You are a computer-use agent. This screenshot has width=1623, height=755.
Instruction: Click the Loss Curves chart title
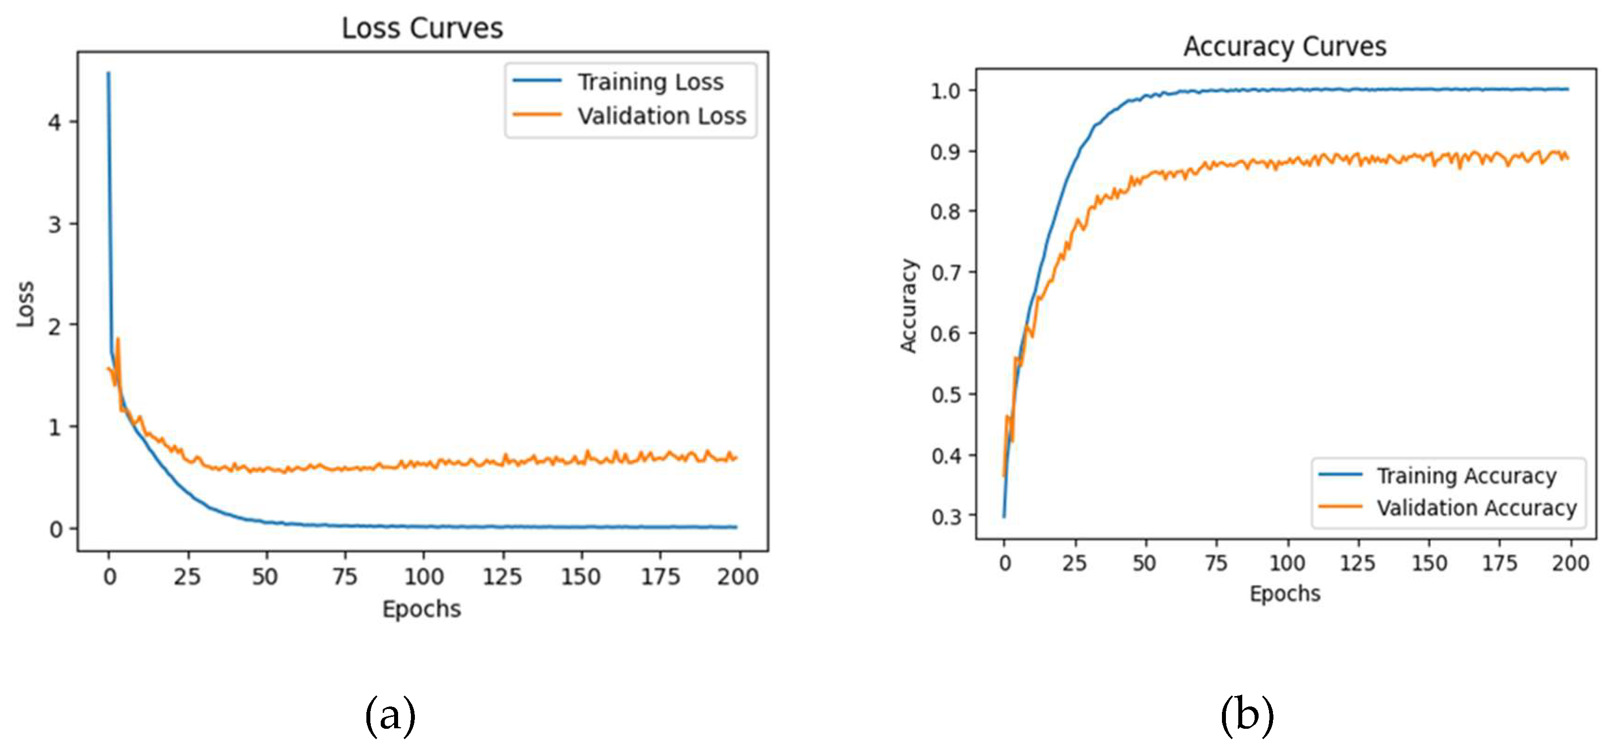click(422, 28)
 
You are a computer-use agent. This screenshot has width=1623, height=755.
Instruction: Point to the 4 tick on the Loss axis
click(55, 122)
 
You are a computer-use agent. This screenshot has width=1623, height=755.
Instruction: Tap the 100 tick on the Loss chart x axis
click(423, 576)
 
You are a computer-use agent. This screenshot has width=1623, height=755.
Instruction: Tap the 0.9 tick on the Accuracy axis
click(945, 152)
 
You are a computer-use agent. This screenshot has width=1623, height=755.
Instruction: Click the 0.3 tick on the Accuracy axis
click(946, 516)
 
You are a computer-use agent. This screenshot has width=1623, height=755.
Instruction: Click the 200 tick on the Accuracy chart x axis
click(1570, 563)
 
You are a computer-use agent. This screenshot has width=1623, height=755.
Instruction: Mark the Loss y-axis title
click(25, 304)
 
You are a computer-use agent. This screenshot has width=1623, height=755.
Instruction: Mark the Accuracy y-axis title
click(908, 305)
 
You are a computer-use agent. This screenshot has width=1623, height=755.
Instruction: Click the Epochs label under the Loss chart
click(421, 609)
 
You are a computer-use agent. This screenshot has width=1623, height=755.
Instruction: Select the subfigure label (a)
click(390, 716)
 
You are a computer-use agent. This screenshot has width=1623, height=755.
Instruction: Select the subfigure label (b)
click(1246, 716)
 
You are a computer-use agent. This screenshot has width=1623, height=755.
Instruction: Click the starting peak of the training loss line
click(108, 74)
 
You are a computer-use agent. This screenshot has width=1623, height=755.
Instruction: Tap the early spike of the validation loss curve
click(118, 340)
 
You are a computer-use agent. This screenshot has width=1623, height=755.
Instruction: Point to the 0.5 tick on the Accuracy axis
click(946, 395)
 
